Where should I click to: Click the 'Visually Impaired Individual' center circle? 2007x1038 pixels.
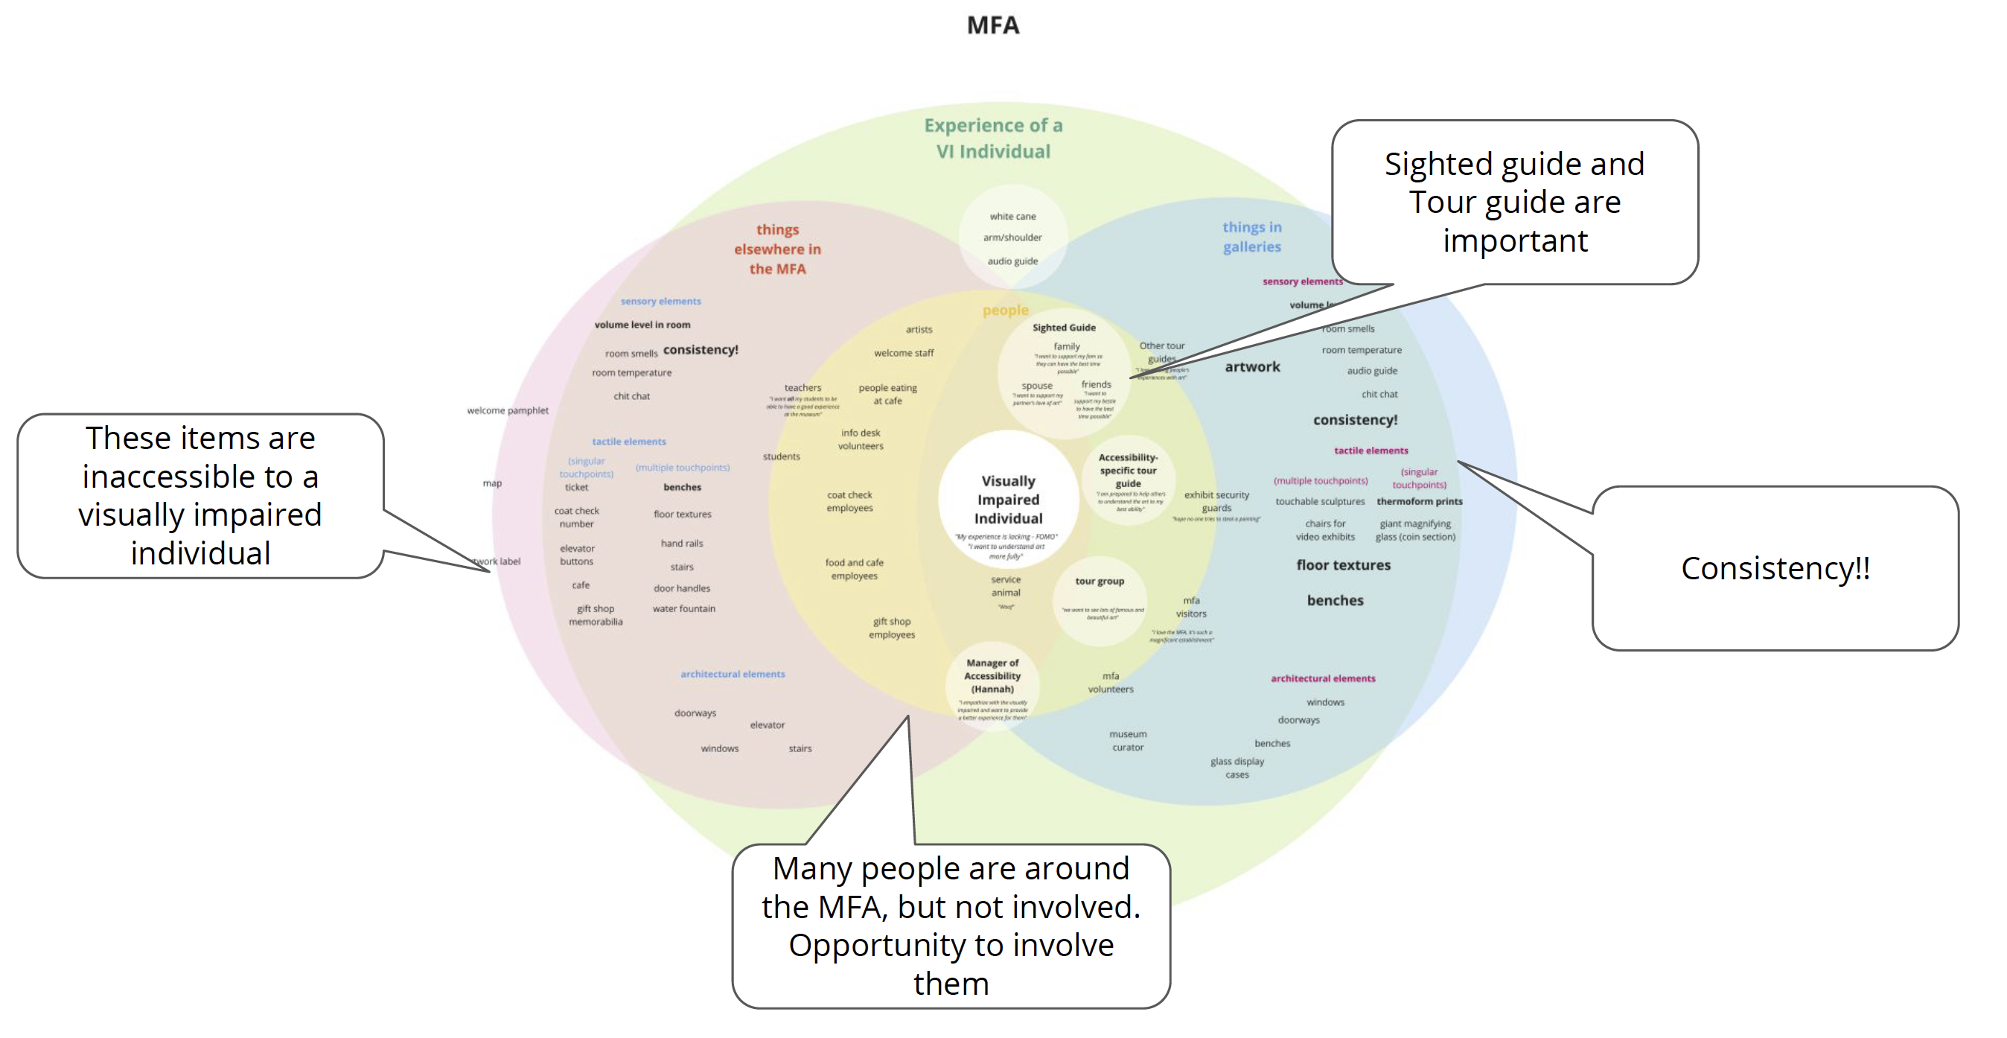pos(1007,500)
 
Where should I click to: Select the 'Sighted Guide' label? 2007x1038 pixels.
pos(1064,328)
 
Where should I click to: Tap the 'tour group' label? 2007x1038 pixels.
pos(1100,581)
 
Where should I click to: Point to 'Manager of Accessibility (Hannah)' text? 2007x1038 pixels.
pos(992,675)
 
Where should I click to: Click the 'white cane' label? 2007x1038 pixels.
pos(1012,216)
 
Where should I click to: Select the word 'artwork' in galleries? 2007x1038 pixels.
pos(1251,366)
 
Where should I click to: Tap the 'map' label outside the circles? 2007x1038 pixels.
pos(491,483)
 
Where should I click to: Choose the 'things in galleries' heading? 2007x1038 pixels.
pos(1251,236)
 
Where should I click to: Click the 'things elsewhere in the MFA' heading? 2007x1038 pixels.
pos(776,249)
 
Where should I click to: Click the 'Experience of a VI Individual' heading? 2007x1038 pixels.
pos(992,138)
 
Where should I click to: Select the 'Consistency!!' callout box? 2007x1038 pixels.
pos(1775,567)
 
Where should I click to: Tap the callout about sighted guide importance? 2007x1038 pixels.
pos(1514,202)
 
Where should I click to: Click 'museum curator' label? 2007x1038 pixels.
pos(1127,740)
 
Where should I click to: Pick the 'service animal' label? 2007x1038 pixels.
pos(1005,585)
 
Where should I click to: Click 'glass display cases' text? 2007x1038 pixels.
pos(1237,767)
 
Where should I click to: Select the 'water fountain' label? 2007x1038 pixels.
pos(683,608)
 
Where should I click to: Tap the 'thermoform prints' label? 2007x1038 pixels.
pos(1419,501)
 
